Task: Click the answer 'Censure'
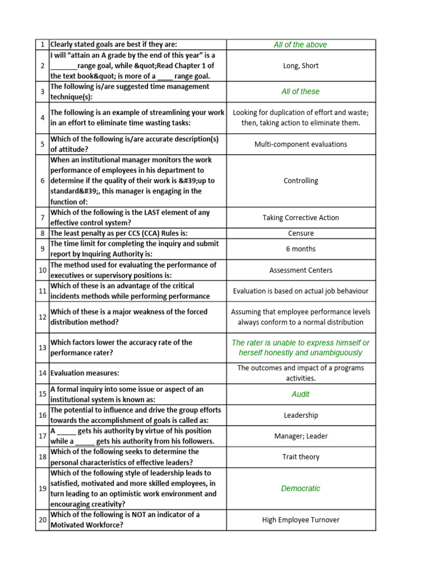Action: [x=301, y=233]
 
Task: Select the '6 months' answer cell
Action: [x=301, y=249]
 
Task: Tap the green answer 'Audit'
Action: [x=301, y=394]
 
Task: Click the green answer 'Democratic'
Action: [x=301, y=488]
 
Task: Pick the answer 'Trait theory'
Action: [x=301, y=457]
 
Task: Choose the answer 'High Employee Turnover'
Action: [x=301, y=520]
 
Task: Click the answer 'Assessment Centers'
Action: [x=301, y=270]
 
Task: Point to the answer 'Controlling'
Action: [x=301, y=181]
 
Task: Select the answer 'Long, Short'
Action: [x=301, y=66]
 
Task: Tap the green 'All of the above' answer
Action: [x=301, y=45]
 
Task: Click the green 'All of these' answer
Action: [x=301, y=92]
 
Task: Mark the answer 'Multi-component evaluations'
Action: [x=301, y=144]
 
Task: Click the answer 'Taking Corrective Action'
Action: [x=301, y=218]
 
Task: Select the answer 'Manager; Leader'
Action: [x=301, y=436]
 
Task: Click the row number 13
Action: [x=42, y=347]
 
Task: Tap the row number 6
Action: [x=42, y=181]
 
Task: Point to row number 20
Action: [x=42, y=520]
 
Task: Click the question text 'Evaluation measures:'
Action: [x=85, y=373]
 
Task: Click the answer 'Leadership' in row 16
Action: [x=301, y=416]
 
